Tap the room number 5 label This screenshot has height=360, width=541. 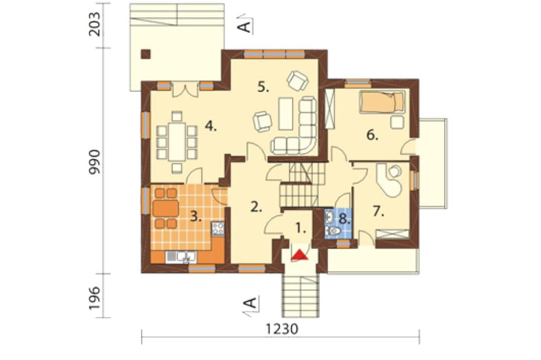(x=263, y=88)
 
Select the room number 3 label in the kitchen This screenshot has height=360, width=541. (x=196, y=217)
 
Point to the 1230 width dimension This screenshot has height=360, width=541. (x=282, y=329)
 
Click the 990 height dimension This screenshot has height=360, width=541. (x=94, y=162)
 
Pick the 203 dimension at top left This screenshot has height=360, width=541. (x=94, y=24)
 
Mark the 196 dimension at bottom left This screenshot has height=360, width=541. (x=94, y=298)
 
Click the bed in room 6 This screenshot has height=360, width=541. (x=382, y=102)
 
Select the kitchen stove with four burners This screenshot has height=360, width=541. (x=218, y=229)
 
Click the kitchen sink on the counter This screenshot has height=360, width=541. (x=181, y=257)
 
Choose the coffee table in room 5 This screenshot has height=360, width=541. (x=285, y=114)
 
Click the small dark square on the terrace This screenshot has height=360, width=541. (x=146, y=54)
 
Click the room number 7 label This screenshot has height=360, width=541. (x=379, y=211)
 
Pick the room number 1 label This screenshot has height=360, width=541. (x=301, y=228)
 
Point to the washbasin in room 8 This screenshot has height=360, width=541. (x=329, y=217)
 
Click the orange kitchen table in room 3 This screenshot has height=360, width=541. (x=166, y=208)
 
